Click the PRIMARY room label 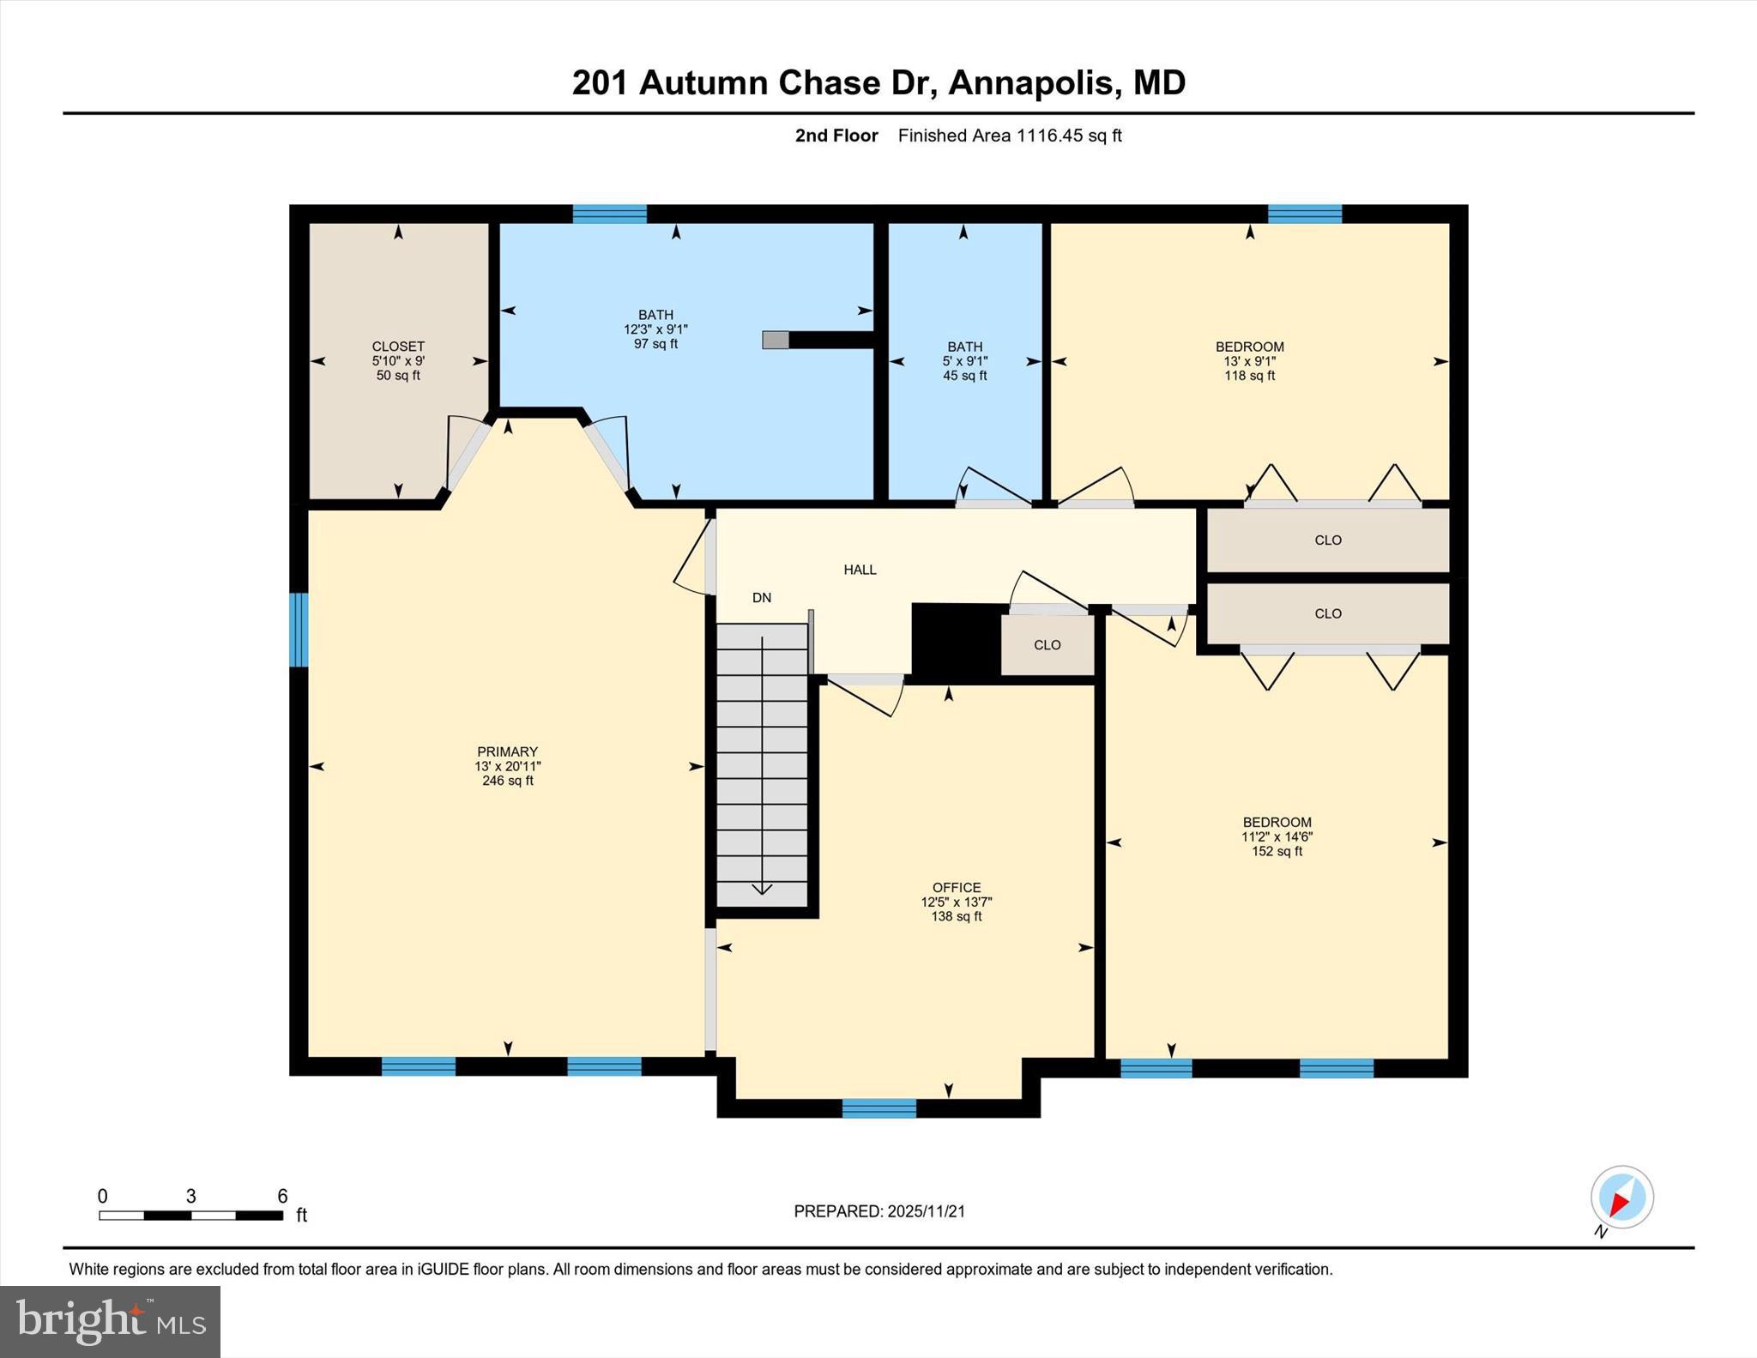point(507,751)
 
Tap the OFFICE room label point(956,888)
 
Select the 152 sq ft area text point(1277,852)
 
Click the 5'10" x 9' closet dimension point(398,361)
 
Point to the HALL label point(860,570)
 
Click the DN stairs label point(762,598)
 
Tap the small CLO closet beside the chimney point(1047,645)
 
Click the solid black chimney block point(955,641)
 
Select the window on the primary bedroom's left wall point(299,630)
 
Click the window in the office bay point(878,1108)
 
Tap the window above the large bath point(609,214)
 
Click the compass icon point(1621,1197)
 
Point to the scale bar point(190,1215)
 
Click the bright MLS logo point(110,1321)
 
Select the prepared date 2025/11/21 point(926,1211)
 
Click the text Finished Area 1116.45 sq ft point(1009,136)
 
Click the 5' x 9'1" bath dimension point(964,361)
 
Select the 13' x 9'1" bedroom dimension point(1249,361)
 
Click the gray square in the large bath point(775,340)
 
